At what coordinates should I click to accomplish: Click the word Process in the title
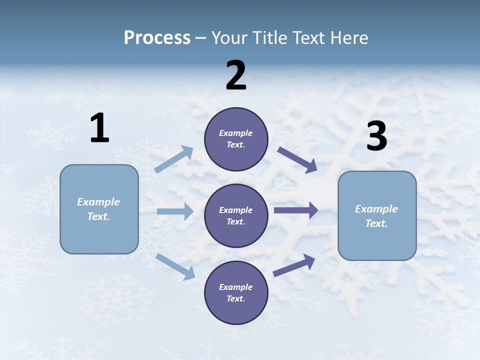tap(157, 37)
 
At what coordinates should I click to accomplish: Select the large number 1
tap(99, 128)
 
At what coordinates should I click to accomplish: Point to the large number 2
tap(236, 75)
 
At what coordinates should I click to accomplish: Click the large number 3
tap(376, 136)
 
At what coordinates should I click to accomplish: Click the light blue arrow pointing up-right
tap(174, 159)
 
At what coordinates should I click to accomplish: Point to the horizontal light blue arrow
tap(175, 211)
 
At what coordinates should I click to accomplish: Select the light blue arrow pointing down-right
tap(175, 266)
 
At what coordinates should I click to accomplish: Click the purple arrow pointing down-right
tap(297, 160)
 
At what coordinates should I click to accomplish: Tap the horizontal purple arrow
tap(296, 210)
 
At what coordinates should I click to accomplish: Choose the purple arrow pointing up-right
tap(294, 265)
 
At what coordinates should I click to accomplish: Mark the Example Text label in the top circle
tap(236, 139)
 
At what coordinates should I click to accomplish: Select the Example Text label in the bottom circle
tap(236, 293)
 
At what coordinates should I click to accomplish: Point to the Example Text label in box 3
tap(376, 216)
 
